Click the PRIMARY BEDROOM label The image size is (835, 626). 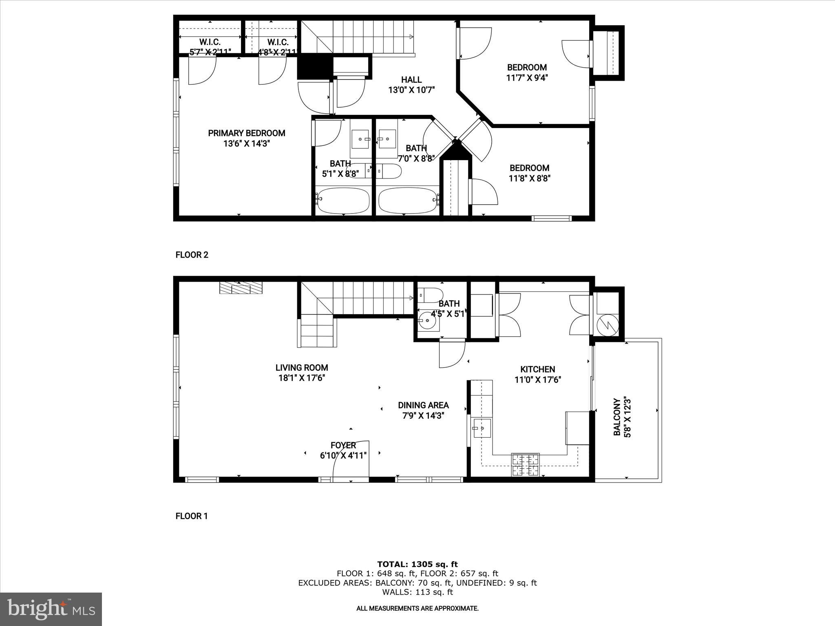click(x=246, y=133)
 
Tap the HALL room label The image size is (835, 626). click(x=411, y=80)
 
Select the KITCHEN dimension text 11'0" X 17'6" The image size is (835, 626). click(x=537, y=380)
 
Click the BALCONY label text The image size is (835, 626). click(x=617, y=417)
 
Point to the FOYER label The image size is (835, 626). click(x=343, y=445)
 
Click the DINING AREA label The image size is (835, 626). click(x=423, y=405)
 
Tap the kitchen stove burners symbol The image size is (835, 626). click(x=526, y=465)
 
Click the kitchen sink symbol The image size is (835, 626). click(x=482, y=428)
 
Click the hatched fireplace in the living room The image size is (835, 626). click(x=241, y=288)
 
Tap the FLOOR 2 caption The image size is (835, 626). click(x=192, y=255)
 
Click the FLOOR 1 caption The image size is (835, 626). click(x=191, y=516)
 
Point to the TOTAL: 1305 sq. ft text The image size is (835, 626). click(x=417, y=564)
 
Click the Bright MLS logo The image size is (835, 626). click(x=51, y=609)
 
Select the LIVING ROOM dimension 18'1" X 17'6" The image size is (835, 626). click(x=301, y=378)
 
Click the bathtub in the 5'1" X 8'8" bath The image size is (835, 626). click(x=343, y=201)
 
